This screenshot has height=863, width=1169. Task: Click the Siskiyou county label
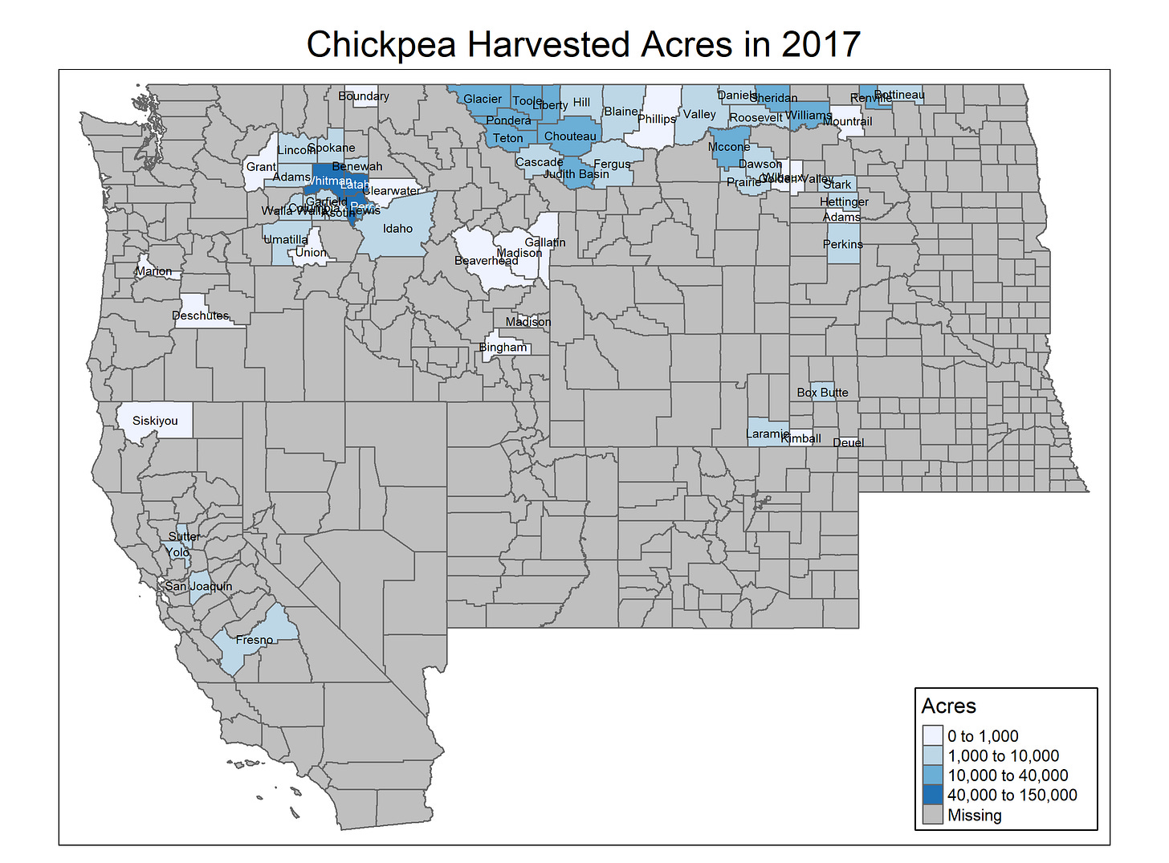click(155, 421)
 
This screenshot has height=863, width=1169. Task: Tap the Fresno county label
click(255, 640)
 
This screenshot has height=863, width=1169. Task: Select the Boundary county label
click(363, 96)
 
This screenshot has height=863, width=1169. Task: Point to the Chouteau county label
click(570, 136)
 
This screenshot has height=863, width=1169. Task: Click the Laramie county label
click(768, 434)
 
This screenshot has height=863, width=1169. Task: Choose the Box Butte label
click(822, 393)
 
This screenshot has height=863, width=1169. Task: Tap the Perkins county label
click(842, 244)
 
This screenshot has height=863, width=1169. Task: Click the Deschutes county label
click(200, 315)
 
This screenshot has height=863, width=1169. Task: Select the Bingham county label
click(503, 348)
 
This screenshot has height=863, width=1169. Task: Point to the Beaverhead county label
click(486, 261)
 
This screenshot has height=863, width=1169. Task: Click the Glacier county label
click(483, 100)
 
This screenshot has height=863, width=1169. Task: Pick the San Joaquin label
click(198, 586)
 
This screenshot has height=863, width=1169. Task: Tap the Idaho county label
click(397, 229)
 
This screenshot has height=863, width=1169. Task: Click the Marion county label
click(153, 271)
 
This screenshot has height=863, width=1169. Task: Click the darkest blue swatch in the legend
click(932, 795)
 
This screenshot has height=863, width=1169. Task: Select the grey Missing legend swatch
click(932, 815)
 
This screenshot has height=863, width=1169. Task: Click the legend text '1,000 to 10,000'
click(1003, 755)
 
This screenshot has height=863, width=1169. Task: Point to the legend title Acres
click(948, 706)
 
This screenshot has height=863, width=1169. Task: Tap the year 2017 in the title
click(821, 44)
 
